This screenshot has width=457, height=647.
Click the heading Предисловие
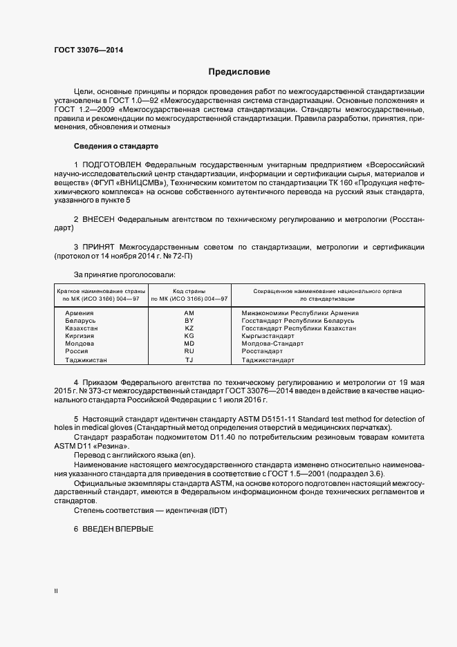[239, 72]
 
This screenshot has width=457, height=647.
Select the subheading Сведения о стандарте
[116, 146]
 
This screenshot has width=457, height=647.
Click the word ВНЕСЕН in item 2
[99, 218]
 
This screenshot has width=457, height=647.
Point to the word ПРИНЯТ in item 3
[99, 247]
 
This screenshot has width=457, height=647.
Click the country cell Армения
[79, 313]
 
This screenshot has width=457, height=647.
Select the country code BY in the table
[189, 321]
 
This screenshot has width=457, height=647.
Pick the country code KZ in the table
[189, 328]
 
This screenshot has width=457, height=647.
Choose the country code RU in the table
[189, 351]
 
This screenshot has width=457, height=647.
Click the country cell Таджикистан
[86, 360]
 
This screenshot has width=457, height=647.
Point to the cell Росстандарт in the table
[263, 351]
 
